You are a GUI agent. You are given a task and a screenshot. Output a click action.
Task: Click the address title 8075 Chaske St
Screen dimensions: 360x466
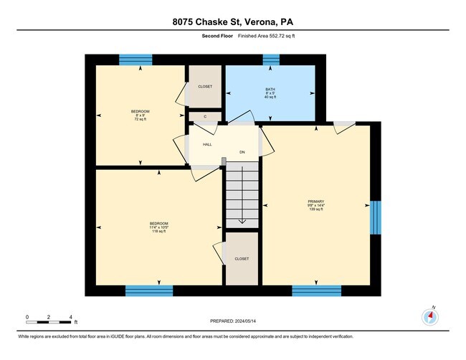pos(233,21)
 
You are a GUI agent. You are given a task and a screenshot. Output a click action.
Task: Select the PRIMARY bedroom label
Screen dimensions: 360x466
pos(316,202)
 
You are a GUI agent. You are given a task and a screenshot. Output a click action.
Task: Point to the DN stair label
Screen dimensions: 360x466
pos(242,152)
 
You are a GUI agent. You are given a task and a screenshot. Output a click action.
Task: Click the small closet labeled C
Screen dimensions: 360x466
pos(205,116)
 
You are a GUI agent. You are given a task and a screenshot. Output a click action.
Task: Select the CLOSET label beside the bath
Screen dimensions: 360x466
pos(205,86)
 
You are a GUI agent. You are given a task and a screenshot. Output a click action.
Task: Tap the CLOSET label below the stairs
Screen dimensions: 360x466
pos(242,259)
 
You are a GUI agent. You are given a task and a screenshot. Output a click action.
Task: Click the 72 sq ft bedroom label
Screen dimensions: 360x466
pos(140,115)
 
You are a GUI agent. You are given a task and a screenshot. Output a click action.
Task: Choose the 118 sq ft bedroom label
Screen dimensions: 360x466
pos(158,227)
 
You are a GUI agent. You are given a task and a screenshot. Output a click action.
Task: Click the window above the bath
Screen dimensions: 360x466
pos(270,60)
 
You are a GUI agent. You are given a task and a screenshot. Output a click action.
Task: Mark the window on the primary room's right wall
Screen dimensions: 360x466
pos(375,217)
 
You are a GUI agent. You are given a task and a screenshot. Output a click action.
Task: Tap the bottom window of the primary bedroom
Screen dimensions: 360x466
pos(316,290)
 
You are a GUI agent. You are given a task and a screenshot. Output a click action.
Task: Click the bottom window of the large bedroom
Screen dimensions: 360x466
pos(149,290)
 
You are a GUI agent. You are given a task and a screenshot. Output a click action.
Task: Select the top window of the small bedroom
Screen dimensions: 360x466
pos(135,60)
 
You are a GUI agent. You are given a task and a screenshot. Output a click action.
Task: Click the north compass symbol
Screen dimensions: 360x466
pos(431,316)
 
